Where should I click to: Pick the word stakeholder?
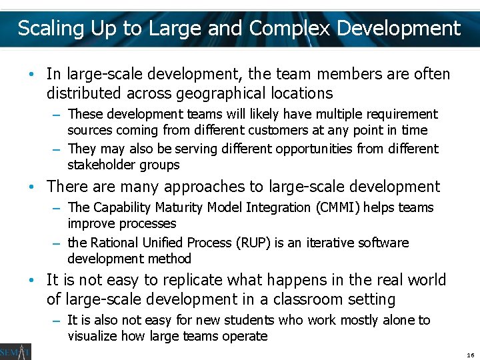(x=102, y=165)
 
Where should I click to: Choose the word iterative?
(x=329, y=243)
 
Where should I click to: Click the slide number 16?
(x=470, y=354)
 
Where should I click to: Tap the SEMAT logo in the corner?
(x=15, y=351)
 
